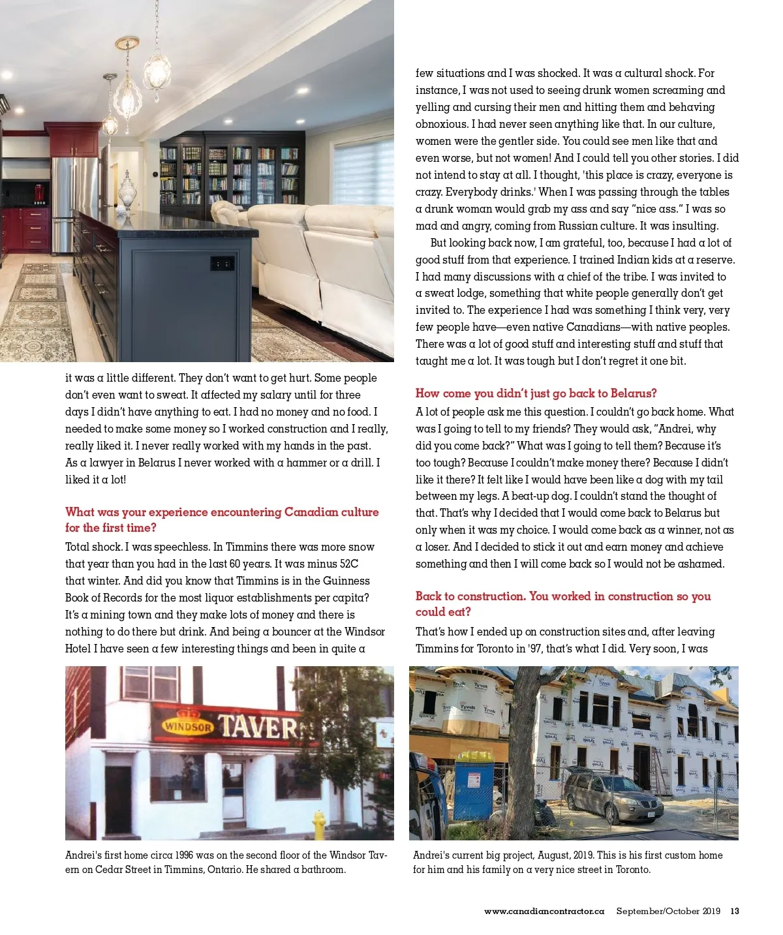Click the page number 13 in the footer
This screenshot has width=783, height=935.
734,911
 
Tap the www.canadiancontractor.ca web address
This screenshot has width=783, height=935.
544,911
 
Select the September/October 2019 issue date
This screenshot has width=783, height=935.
668,911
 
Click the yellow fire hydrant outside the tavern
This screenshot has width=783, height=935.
318,825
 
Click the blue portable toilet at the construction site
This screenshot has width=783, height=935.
474,786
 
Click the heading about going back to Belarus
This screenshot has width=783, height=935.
536,393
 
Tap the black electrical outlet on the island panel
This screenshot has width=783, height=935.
222,264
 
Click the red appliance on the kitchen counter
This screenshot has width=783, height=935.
39,193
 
